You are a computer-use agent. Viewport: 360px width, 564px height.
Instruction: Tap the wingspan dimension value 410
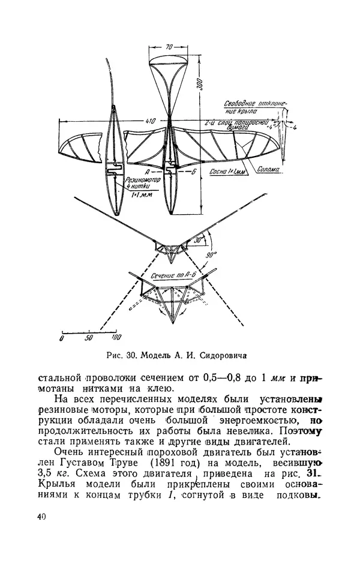pos(150,121)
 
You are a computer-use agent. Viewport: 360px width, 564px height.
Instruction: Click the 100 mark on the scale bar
pos(116,337)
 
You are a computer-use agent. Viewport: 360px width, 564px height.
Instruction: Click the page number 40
pos(41,517)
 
